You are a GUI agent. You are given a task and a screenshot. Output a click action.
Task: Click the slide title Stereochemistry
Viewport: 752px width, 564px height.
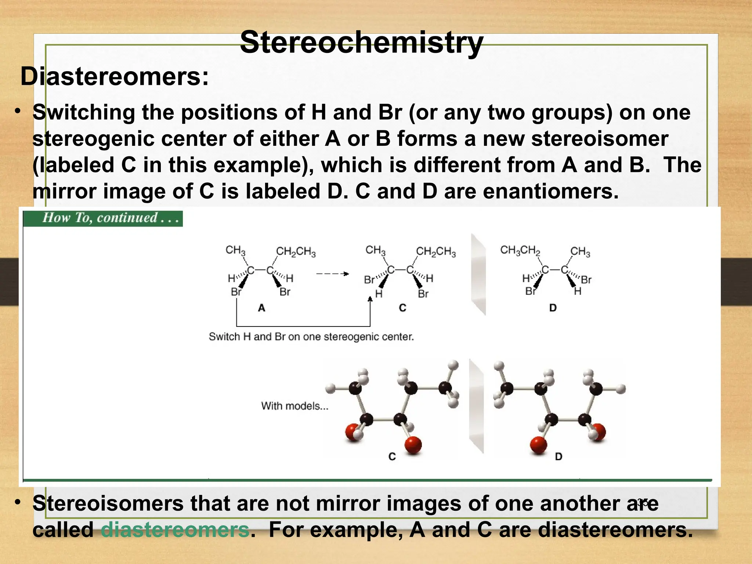(x=361, y=43)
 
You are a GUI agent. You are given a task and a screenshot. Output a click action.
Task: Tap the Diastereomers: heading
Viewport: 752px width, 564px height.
(x=115, y=77)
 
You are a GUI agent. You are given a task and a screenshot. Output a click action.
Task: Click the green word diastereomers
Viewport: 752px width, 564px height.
(x=175, y=530)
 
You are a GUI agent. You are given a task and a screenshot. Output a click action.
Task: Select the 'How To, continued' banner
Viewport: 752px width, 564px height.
(x=103, y=218)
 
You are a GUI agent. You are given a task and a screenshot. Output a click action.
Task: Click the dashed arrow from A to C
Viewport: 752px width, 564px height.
(x=332, y=274)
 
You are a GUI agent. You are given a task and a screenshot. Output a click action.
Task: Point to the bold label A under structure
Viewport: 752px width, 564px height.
(x=261, y=308)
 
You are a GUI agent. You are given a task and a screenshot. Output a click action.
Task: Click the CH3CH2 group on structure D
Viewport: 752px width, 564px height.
(x=520, y=250)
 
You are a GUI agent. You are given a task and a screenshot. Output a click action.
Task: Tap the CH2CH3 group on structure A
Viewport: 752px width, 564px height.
(x=296, y=252)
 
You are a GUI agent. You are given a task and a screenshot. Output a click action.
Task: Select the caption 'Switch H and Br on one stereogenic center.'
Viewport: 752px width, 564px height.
(x=311, y=337)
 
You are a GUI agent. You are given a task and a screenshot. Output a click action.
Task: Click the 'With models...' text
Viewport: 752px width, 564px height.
(x=294, y=406)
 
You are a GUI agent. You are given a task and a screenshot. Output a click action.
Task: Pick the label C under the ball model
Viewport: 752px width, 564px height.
(x=392, y=456)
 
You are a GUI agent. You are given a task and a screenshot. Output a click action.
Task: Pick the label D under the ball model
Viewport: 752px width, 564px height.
(x=558, y=456)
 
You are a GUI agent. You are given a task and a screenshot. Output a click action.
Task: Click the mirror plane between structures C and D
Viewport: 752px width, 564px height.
(x=478, y=274)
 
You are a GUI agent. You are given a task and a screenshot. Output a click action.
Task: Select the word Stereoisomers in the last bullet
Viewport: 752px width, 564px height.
(x=108, y=503)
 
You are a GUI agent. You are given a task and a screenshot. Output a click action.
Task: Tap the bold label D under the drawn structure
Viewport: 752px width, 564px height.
(x=553, y=308)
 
